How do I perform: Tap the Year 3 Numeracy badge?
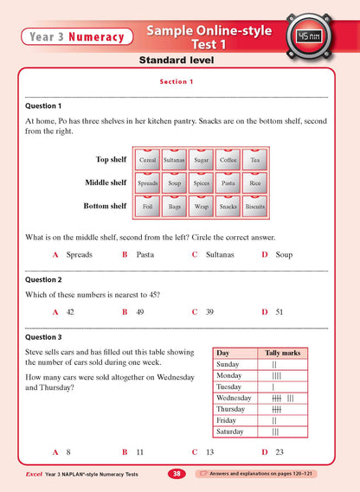pos(74,36)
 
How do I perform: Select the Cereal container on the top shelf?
pos(148,160)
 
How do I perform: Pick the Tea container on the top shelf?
pos(254,160)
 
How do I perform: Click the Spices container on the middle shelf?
pos(202,183)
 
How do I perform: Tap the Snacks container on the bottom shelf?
pos(228,207)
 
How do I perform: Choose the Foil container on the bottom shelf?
pos(148,207)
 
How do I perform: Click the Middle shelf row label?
pos(106,182)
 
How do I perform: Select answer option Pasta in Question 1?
pos(145,254)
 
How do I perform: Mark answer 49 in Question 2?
pos(139,310)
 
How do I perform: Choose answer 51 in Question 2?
pos(279,310)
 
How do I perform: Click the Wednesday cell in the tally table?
pos(235,398)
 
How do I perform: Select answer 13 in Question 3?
pos(209,451)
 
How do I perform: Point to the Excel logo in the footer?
pos(37,474)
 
